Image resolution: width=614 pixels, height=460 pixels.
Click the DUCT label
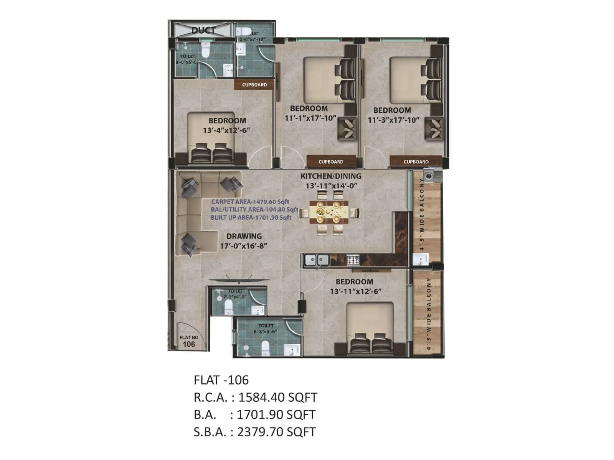[x=203, y=30]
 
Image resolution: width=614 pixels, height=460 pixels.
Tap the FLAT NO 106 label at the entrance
[x=189, y=341]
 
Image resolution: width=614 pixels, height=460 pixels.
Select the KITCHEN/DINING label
[x=331, y=176]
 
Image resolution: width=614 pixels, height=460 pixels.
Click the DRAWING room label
[x=244, y=236]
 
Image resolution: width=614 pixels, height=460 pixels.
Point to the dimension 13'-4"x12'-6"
[x=226, y=130]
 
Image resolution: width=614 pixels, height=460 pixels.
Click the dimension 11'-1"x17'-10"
[x=310, y=118]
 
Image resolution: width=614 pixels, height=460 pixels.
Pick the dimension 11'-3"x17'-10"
[x=393, y=120]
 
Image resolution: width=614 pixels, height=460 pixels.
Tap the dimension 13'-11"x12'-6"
[x=356, y=291]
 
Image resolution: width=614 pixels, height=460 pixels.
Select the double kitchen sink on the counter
[x=317, y=260]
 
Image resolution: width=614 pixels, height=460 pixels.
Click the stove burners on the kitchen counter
[x=353, y=260]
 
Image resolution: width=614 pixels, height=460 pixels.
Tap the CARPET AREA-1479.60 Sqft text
[x=250, y=202]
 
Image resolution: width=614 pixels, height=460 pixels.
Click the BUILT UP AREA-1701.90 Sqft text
[x=251, y=217]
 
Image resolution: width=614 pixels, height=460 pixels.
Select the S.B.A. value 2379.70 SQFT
[x=276, y=432]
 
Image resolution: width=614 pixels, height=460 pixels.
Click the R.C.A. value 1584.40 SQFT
[x=278, y=398]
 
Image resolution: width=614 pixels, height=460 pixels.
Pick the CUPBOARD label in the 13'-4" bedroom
[x=254, y=85]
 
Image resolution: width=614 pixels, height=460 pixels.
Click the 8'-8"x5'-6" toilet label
[x=266, y=329]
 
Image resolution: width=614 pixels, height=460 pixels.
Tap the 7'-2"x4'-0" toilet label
[x=235, y=294]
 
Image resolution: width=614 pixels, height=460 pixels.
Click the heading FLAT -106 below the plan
[x=221, y=380]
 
